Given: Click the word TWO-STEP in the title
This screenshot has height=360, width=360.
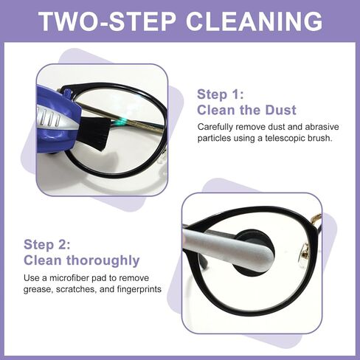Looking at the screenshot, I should pos(109,20).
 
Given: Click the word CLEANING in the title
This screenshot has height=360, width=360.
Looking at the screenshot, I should pos(253,20).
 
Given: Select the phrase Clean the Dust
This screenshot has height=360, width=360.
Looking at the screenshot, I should pos(246,111).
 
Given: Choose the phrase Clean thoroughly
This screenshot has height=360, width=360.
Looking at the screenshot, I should pos(81,260).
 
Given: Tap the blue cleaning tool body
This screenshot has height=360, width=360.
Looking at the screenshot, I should pos(55,111).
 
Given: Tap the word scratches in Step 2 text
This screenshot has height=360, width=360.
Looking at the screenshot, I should pos(83,289).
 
